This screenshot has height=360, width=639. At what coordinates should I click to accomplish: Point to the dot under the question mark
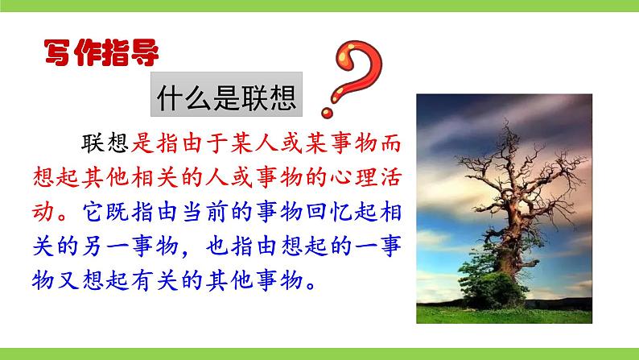point(328,108)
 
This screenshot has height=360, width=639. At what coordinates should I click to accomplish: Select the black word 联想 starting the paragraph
point(106,143)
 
